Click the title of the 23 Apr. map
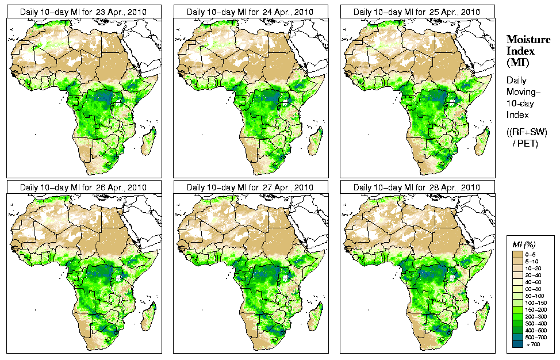pyautogui.click(x=83, y=12)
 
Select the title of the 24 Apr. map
pyautogui.click(x=250, y=12)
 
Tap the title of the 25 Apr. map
pyautogui.click(x=417, y=12)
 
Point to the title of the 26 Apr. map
pyautogui.click(x=83, y=187)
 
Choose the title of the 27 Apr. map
pyautogui.click(x=250, y=187)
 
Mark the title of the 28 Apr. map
pyautogui.click(x=417, y=187)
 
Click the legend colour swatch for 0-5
pyautogui.click(x=517, y=254)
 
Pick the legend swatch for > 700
pyautogui.click(x=517, y=344)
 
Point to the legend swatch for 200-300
pyautogui.click(x=517, y=316)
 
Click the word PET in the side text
pyautogui.click(x=529, y=143)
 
